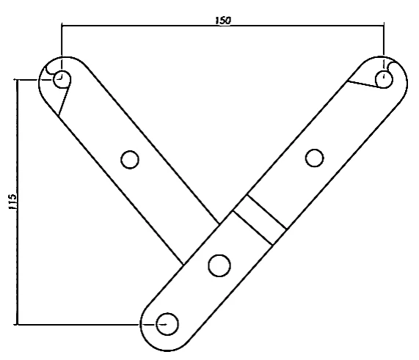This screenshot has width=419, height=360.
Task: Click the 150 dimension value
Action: click(x=223, y=21)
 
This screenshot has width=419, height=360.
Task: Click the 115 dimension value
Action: click(x=12, y=202)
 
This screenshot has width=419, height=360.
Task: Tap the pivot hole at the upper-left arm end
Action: click(x=62, y=79)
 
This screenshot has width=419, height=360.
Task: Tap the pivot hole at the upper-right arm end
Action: click(x=384, y=79)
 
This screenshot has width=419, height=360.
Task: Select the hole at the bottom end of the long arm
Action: click(x=167, y=324)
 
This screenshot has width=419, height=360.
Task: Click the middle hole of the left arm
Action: click(x=130, y=160)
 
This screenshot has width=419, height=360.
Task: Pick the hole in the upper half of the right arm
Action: click(x=314, y=158)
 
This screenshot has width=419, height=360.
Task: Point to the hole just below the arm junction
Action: click(x=219, y=265)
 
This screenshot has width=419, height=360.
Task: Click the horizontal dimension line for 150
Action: click(x=223, y=26)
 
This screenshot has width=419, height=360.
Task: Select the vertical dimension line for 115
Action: click(x=18, y=202)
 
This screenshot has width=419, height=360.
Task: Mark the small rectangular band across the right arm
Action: click(x=260, y=220)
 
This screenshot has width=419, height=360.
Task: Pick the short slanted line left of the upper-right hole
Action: click(x=363, y=84)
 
